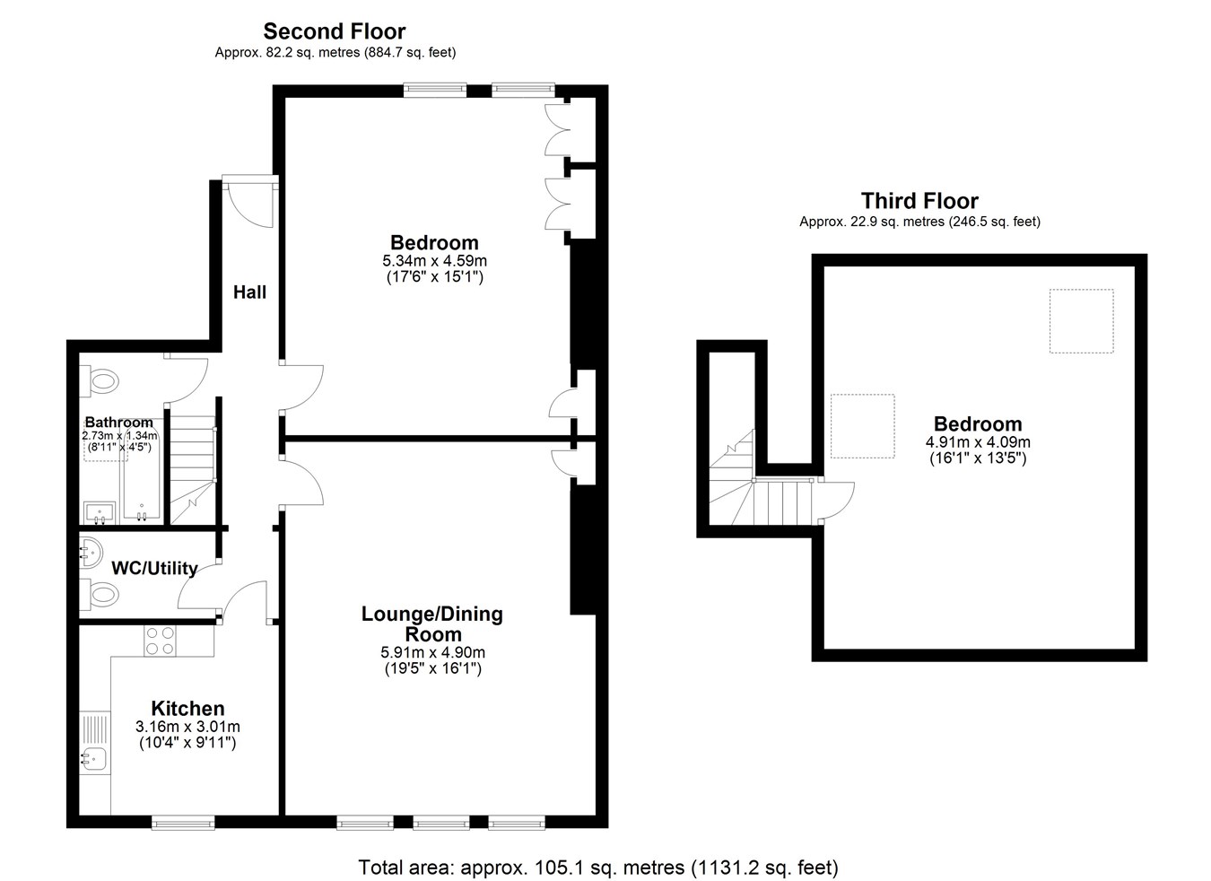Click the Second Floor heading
point(334,31)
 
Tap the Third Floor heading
point(919,201)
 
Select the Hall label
point(249,292)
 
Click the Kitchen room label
point(187,708)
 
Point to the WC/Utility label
point(154,568)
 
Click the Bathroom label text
point(119,422)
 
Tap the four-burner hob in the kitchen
point(160,641)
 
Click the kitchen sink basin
point(94,759)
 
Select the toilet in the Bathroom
point(99,381)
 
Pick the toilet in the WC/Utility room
point(99,595)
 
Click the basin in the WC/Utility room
point(91,553)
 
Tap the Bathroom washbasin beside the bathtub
point(100,512)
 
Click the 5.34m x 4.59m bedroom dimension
point(435,261)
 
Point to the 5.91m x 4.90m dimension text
point(433,652)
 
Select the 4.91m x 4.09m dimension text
point(978,442)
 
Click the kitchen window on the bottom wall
point(183,823)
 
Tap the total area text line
point(598,868)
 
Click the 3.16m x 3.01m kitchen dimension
point(187,727)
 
